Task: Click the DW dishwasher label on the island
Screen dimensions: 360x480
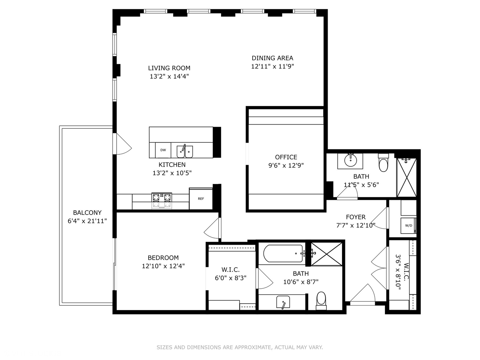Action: [x=163, y=150]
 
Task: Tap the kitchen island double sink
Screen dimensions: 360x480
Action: [x=184, y=151]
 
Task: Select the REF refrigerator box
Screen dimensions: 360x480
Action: [x=201, y=199]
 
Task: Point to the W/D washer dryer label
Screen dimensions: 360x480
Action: [x=408, y=225]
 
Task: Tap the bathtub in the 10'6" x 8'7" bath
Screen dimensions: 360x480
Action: [x=283, y=254]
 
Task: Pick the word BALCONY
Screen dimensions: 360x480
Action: [x=87, y=213]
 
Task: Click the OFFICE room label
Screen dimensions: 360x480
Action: [x=286, y=157]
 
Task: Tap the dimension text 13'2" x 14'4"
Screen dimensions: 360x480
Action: [x=169, y=76]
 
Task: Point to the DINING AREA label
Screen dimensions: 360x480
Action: [x=272, y=58]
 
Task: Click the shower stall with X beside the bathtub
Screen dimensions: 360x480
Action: [x=326, y=254]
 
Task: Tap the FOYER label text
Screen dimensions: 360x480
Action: [x=356, y=217]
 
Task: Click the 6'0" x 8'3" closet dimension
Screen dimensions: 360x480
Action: [x=231, y=278]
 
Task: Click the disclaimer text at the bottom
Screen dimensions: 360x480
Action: [x=240, y=347]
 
